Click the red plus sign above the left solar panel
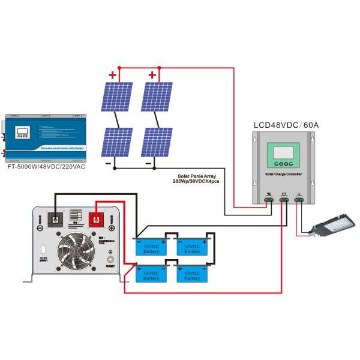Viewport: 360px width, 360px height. click(x=112, y=76)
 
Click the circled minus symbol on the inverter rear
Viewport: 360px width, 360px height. click(x=40, y=228)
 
